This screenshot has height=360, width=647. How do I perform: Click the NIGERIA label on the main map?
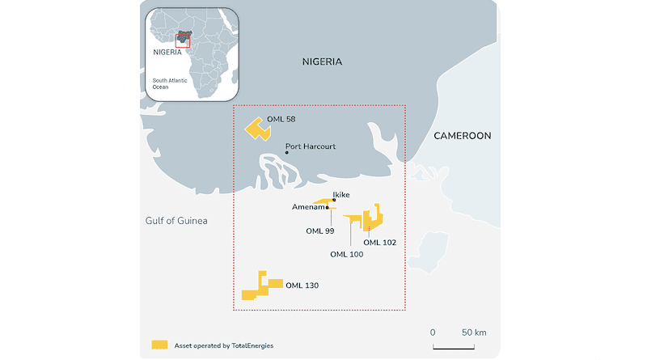pyautogui.click(x=322, y=61)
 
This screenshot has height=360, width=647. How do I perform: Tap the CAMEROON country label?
pyautogui.click(x=462, y=136)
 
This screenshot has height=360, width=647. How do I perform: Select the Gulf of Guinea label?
pyautogui.click(x=176, y=221)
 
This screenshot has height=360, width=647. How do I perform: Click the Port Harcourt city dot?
pyautogui.click(x=286, y=152)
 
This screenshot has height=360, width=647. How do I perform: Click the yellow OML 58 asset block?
pyautogui.click(x=259, y=129)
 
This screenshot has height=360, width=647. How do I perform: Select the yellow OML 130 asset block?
pyautogui.click(x=261, y=287)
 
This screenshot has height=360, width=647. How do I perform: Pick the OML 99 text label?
pyautogui.click(x=320, y=231)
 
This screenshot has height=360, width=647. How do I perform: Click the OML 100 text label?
pyautogui.click(x=346, y=254)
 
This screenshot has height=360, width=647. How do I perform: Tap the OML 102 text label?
pyautogui.click(x=380, y=242)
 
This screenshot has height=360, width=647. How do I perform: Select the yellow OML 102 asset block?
pyautogui.click(x=373, y=219)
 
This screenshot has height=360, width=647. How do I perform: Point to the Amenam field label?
pyautogui.click(x=307, y=207)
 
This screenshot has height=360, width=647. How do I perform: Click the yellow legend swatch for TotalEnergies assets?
pyautogui.click(x=159, y=345)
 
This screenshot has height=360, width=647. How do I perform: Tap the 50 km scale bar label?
pyautogui.click(x=473, y=332)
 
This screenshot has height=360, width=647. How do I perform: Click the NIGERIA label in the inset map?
pyautogui.click(x=167, y=49)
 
